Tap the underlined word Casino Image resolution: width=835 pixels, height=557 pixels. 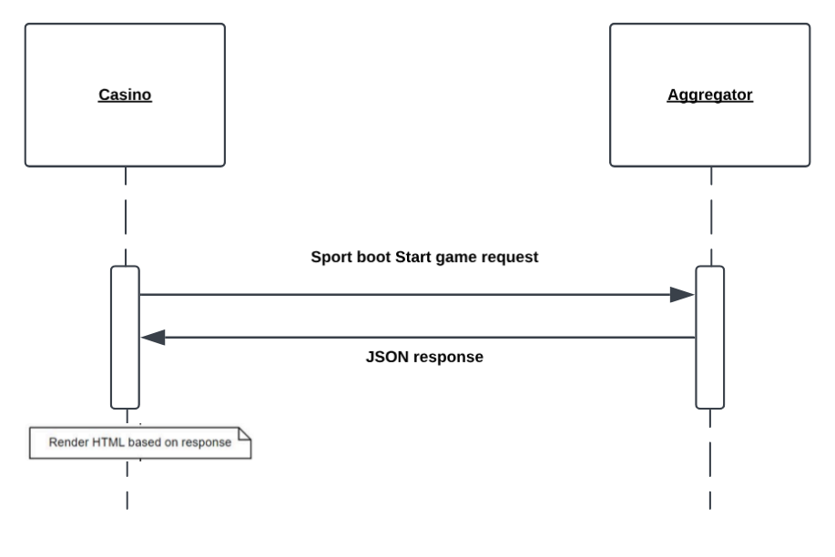coord(125,94)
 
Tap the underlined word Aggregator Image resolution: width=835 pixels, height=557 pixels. coord(709,94)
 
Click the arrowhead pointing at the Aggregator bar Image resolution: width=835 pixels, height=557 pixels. coord(682,294)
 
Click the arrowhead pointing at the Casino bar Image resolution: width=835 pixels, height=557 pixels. coord(153,338)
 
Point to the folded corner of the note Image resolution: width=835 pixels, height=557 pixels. coord(243,438)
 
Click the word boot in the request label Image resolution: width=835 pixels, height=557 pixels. coord(373,258)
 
